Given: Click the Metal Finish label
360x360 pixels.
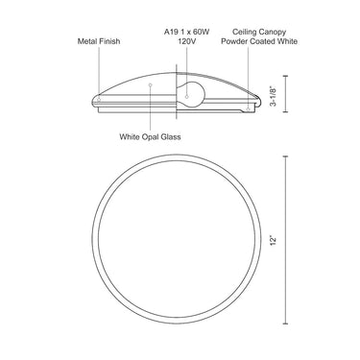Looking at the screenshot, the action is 99,41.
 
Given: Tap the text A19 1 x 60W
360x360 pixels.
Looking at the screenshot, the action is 186,32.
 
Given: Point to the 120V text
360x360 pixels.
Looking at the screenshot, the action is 186,41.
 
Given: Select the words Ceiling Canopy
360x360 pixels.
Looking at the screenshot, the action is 259,32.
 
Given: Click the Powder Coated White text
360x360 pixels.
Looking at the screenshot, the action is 259,41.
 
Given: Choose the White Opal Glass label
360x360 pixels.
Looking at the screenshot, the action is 150,137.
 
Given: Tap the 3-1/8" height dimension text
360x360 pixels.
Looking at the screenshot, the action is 273,96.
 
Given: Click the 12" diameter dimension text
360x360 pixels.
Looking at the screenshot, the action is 273,241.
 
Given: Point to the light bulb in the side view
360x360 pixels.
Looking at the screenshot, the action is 190,95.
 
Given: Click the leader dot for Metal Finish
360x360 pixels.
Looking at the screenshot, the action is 99,100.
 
